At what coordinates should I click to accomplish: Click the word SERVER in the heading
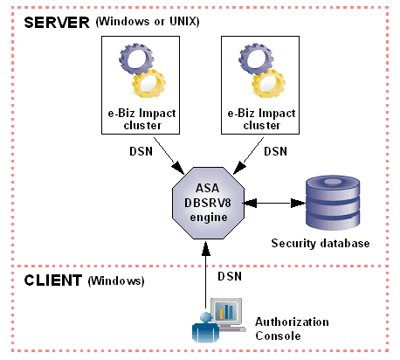pos(57,23)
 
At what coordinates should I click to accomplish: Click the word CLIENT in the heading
pos(53,280)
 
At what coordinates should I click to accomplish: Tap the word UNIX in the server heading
pos(183,21)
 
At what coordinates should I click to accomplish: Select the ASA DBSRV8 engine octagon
pos(208,203)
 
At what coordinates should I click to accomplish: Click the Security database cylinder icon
pos(333,202)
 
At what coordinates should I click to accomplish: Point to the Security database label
pos(321,243)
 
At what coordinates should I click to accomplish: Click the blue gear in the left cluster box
pos(136,59)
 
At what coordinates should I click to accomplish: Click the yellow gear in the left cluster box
pos(148,83)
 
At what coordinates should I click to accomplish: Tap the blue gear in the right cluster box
pos(256,59)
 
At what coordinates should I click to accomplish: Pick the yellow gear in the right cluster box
pos(268,83)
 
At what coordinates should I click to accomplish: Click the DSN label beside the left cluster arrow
pos(141,151)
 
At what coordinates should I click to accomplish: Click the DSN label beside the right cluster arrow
pos(275,151)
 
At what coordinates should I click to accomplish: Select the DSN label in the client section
pos(230,276)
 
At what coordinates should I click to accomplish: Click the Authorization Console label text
pos(292,329)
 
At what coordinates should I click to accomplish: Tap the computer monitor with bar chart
pos(228,314)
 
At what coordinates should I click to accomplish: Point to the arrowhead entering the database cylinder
pos(298,203)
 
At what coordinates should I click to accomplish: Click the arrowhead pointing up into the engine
pos(206,248)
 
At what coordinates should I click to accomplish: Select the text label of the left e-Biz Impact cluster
pos(141,119)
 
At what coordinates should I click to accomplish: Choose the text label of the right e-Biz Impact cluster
pos(261,119)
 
